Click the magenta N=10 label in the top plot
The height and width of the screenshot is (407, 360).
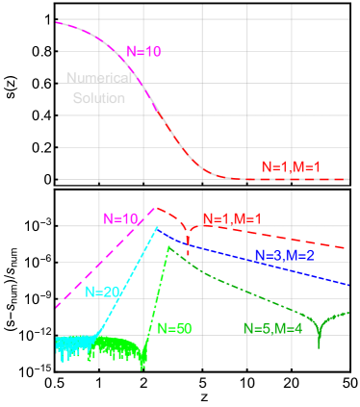[x=143, y=51]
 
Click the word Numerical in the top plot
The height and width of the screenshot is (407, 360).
[x=99, y=78]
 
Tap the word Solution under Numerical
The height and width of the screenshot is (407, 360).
[x=99, y=98]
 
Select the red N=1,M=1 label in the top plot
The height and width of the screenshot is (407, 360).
[x=291, y=167]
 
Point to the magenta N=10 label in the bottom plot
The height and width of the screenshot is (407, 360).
[x=121, y=218]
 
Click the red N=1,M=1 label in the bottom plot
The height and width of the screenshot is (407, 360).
[x=231, y=218]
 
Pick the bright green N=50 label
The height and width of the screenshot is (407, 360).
[x=174, y=328]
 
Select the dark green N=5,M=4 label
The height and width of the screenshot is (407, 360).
[x=272, y=328]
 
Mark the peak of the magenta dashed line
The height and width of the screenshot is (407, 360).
[x=157, y=207]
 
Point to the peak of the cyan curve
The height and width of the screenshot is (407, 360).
[x=157, y=227]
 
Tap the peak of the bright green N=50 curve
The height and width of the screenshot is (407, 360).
[x=168, y=246]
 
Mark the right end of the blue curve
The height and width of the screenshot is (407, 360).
[x=348, y=285]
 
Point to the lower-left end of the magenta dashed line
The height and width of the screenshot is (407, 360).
[x=57, y=308]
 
